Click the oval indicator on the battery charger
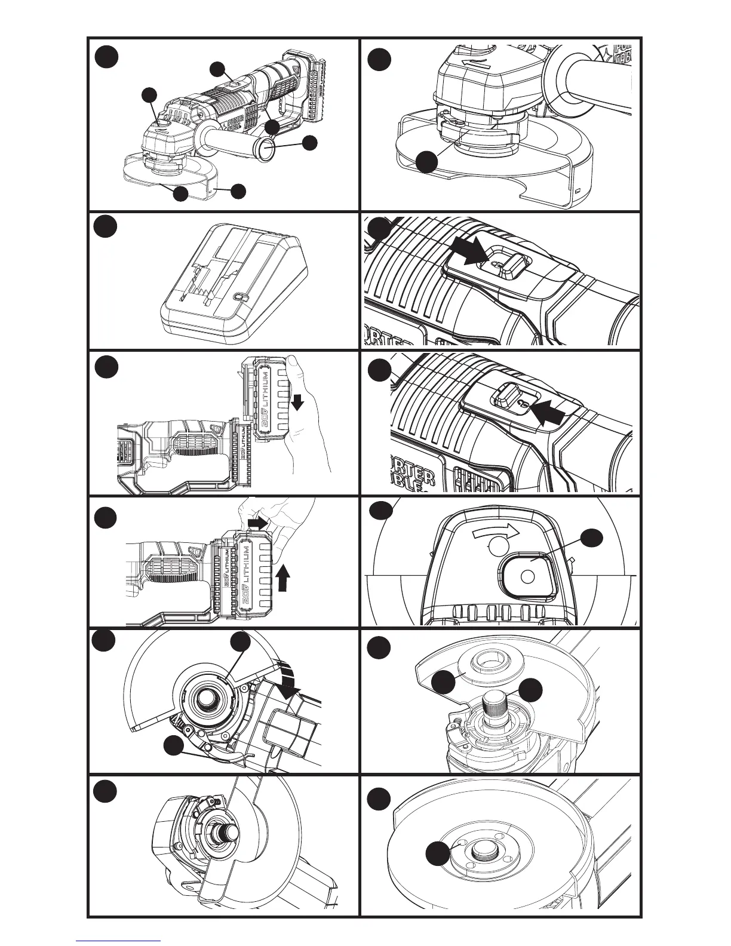pos(239,296)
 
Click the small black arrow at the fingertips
pos(258,524)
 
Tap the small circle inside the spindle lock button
pos(526,577)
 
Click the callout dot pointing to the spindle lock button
pos(589,538)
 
